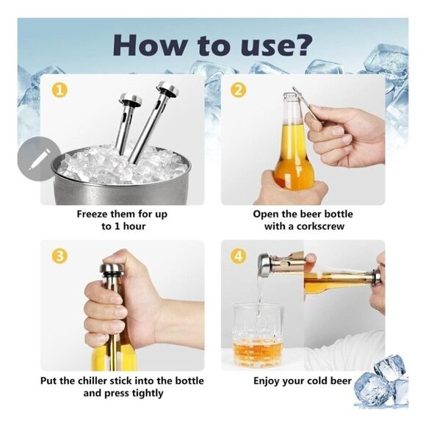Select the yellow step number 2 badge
click(x=237, y=90)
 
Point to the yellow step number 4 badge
click(x=237, y=257)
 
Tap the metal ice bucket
click(x=121, y=184)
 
